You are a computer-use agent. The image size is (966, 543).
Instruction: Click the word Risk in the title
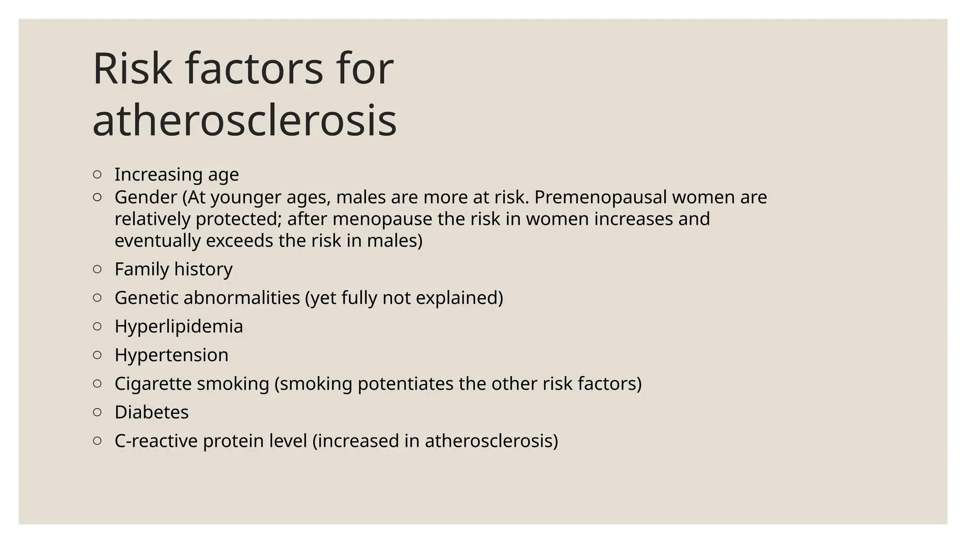pyautogui.click(x=133, y=69)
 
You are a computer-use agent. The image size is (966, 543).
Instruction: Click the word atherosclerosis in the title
pyautogui.click(x=244, y=121)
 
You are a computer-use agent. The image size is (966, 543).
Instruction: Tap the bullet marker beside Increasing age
pyautogui.click(x=97, y=174)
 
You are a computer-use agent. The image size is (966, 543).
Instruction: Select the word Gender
pyautogui.click(x=146, y=197)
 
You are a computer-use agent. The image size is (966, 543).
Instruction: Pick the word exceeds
pyautogui.click(x=239, y=241)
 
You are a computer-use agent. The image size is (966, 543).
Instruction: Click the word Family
pyautogui.click(x=142, y=269)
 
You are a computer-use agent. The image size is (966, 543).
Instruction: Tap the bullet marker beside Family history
pyautogui.click(x=97, y=269)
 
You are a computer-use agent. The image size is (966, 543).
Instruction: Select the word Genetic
pyautogui.click(x=146, y=298)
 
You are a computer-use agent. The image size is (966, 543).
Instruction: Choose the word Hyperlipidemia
pyautogui.click(x=179, y=327)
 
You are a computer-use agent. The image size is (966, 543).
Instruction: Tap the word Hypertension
pyautogui.click(x=171, y=355)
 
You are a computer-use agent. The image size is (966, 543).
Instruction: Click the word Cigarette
pyautogui.click(x=153, y=384)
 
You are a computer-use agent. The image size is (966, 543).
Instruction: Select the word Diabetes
pyautogui.click(x=151, y=412)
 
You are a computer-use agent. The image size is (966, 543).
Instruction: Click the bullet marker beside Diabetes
pyautogui.click(x=97, y=412)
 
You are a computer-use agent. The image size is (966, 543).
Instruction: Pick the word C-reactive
pyautogui.click(x=156, y=441)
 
